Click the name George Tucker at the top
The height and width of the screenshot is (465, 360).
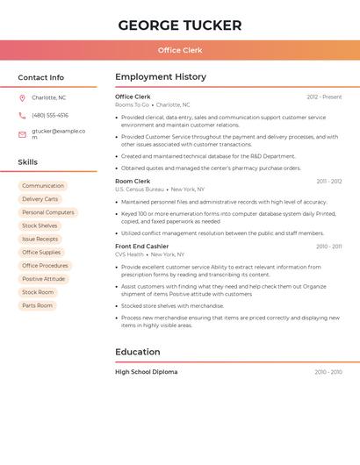click(x=179, y=25)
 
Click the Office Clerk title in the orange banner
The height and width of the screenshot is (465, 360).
click(x=179, y=50)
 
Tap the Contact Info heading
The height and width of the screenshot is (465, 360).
click(x=40, y=77)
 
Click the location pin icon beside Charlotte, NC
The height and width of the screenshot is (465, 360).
click(x=22, y=97)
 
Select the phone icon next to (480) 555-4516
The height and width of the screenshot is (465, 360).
click(x=22, y=115)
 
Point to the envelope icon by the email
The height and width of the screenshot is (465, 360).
click(x=22, y=134)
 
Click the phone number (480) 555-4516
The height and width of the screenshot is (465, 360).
click(x=50, y=115)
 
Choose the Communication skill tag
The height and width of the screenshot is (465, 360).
click(x=43, y=186)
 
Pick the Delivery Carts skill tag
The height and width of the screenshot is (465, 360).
click(x=40, y=199)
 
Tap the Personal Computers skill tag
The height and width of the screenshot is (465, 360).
click(x=48, y=212)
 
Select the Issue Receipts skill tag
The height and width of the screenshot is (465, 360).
click(x=40, y=239)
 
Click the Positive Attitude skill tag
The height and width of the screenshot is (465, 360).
click(x=43, y=279)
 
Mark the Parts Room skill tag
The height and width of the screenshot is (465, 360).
click(x=38, y=305)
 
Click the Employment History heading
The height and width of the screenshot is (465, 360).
click(x=161, y=77)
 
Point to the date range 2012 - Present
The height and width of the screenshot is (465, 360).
click(x=324, y=97)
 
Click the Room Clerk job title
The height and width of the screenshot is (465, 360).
click(x=133, y=181)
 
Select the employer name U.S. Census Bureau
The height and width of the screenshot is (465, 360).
click(x=140, y=190)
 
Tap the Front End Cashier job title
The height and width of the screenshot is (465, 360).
click(x=141, y=247)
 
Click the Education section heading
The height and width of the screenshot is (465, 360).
click(x=138, y=352)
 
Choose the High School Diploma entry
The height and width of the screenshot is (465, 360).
click(x=146, y=372)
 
